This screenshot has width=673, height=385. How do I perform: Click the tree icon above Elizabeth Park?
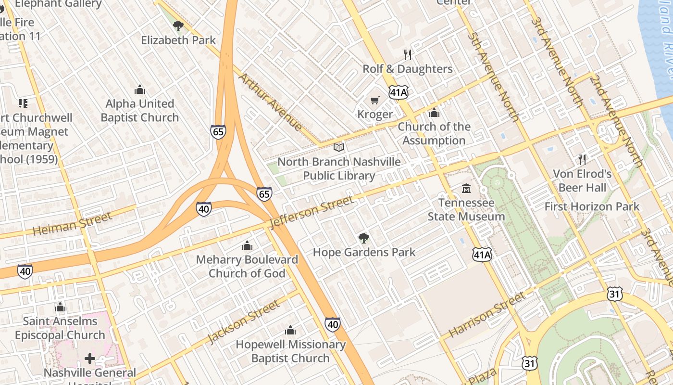coord(178,26)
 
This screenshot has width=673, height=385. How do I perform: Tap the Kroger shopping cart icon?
coord(375,101)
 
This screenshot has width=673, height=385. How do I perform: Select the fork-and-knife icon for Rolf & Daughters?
coord(408,54)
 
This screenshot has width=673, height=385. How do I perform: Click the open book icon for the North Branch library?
coord(339,147)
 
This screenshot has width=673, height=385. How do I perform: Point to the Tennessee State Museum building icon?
coord(466,188)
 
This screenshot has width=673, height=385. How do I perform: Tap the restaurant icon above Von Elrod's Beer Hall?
coord(582,159)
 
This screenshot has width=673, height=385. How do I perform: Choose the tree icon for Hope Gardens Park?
coord(364,238)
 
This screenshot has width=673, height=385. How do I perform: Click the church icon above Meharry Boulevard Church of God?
coord(247,245)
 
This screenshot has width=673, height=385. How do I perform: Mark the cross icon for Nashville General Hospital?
coord(90,359)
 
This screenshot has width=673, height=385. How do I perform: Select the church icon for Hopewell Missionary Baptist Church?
coord(290,330)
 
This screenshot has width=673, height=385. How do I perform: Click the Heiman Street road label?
coord(72,224)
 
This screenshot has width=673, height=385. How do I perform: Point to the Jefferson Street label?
coord(312,212)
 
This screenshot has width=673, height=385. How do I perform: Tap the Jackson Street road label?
coord(244,321)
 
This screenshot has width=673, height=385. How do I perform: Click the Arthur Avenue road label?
coord(271,102)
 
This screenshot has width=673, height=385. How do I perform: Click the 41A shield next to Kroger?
coord(399,92)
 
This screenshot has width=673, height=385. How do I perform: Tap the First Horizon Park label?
coord(592,206)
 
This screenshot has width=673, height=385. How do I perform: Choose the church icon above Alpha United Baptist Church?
coord(140,90)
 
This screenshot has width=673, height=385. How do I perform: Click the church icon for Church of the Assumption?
coord(434,113)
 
